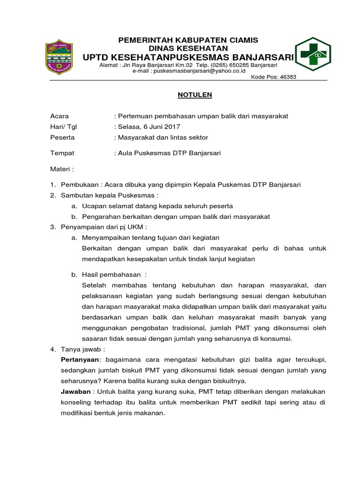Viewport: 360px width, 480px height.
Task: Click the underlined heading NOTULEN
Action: (x=195, y=95)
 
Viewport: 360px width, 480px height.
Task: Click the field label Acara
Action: (x=60, y=116)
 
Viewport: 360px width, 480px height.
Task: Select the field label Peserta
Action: (x=62, y=137)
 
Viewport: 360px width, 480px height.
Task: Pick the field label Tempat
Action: (x=62, y=153)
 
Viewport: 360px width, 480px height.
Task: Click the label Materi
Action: (x=62, y=168)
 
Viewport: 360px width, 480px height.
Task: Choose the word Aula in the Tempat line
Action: (x=127, y=153)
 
